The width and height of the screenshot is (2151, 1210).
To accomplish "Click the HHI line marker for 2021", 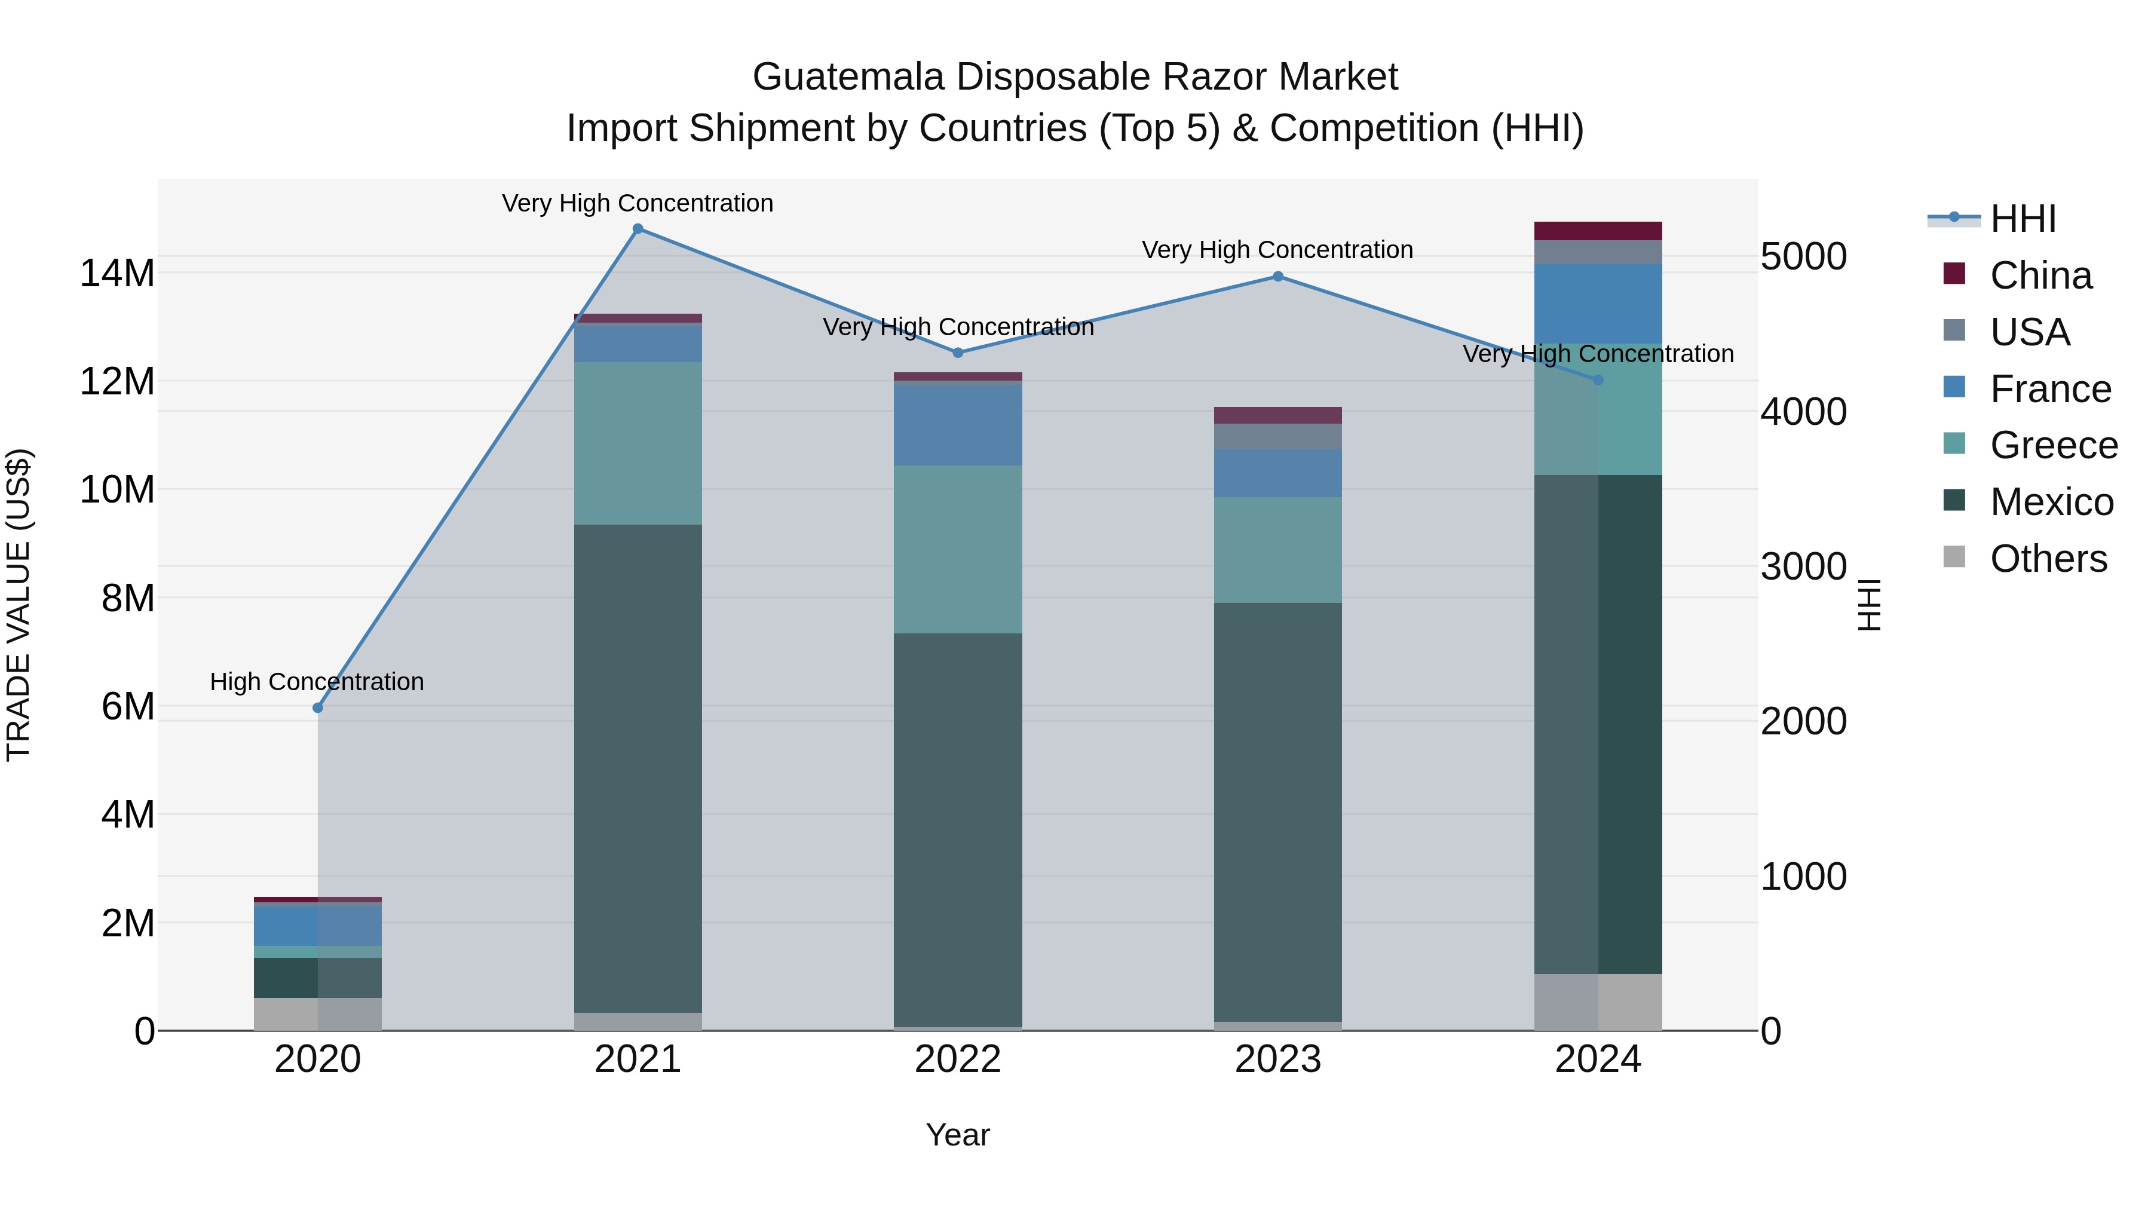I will (x=638, y=229).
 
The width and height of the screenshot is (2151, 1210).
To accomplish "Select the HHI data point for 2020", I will (x=317, y=708).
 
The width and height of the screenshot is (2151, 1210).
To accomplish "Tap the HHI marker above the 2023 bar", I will (x=1277, y=277).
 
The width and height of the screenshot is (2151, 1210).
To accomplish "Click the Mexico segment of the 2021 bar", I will (x=638, y=768).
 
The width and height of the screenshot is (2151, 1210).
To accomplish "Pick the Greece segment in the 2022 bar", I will (x=958, y=550).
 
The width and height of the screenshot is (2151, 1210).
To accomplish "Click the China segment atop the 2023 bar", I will (x=1277, y=415).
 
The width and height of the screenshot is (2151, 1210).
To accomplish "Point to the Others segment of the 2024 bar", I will (x=1598, y=1001).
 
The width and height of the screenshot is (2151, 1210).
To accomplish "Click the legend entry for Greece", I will (x=2053, y=445).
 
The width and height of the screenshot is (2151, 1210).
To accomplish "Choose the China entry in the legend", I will (x=2040, y=275).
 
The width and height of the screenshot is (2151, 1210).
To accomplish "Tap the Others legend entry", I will (x=2048, y=559).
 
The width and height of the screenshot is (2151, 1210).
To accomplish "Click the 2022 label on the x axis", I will (x=958, y=1059).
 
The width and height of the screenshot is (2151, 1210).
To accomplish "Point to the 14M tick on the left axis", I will (x=117, y=273).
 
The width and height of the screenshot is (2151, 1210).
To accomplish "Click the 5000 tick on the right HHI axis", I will (x=1804, y=256).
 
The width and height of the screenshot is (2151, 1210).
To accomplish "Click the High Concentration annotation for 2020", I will (x=317, y=681).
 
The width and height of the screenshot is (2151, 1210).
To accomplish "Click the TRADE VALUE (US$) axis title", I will (x=19, y=605).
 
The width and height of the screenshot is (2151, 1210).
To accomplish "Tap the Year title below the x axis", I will (x=958, y=1135).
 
